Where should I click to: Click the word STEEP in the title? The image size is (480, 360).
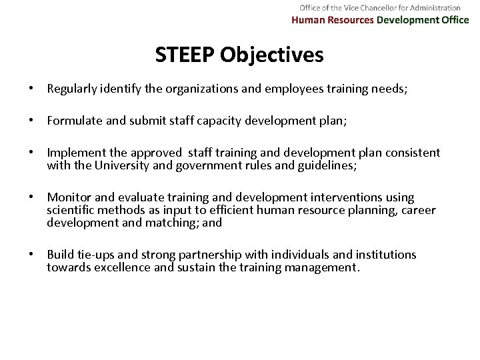[187, 55]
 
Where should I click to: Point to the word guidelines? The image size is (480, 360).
[328, 165]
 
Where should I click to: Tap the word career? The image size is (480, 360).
[419, 211]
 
